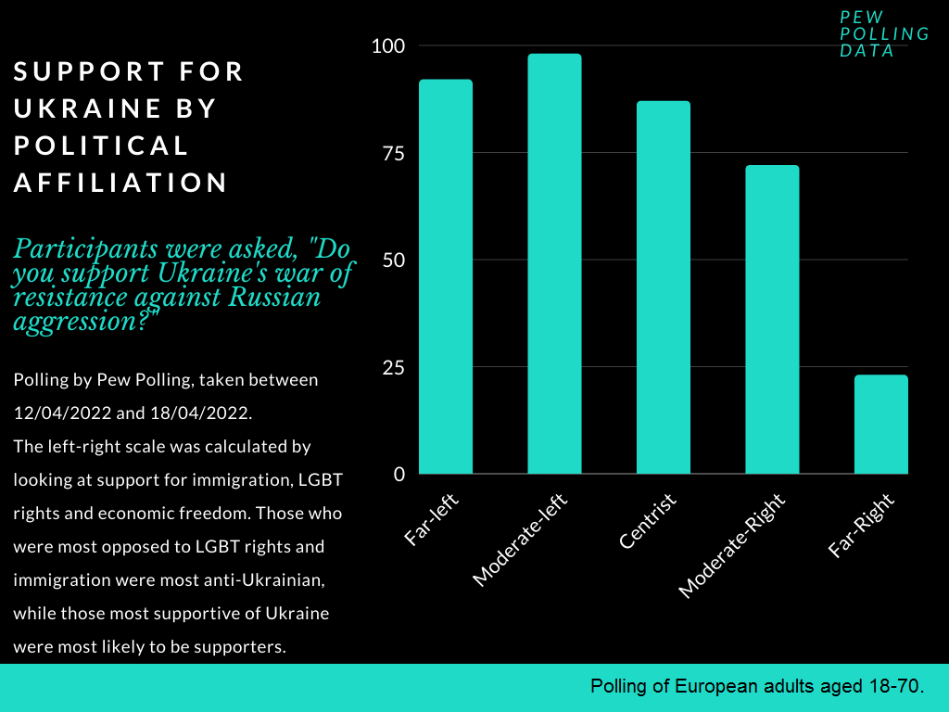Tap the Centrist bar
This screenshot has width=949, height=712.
[664, 287]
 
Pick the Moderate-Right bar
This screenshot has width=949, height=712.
[772, 319]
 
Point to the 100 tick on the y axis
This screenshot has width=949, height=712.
[388, 45]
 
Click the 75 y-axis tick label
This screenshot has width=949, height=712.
[394, 153]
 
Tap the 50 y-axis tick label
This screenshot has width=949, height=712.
[394, 260]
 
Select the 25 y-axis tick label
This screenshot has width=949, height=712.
[394, 367]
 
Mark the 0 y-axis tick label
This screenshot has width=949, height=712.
[399, 474]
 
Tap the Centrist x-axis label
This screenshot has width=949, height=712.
[648, 522]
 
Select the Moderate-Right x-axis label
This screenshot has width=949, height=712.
[732, 546]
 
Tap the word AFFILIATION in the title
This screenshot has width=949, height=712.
[120, 183]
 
